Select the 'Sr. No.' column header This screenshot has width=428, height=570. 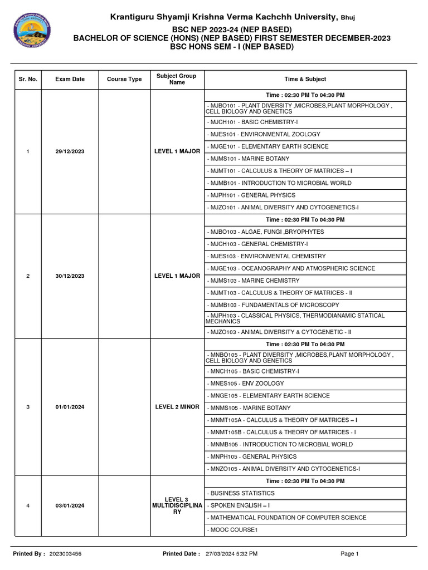28,79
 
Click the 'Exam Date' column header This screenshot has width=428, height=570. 70,79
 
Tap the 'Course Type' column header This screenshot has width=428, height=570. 124,79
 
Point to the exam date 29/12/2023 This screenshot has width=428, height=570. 70,151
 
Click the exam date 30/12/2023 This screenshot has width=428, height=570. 70,276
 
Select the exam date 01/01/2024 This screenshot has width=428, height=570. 70,407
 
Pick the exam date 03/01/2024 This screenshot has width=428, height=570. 70,505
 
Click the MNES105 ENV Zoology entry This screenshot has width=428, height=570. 245,384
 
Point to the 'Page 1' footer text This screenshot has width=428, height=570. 349,554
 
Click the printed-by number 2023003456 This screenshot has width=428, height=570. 65,554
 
